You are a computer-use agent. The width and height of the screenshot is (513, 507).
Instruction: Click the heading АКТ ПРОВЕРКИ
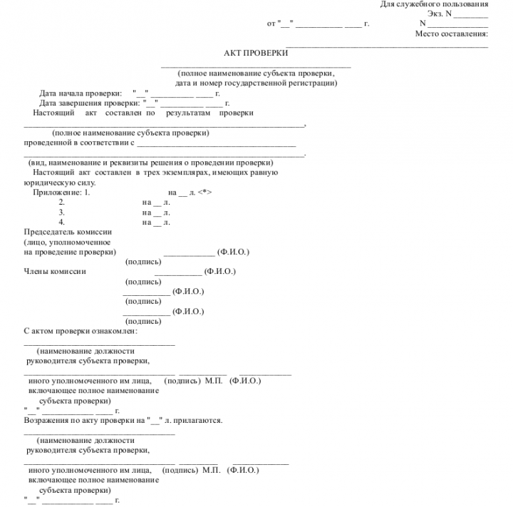(x=256, y=53)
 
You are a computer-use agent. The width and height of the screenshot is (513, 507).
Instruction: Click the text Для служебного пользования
(x=434, y=4)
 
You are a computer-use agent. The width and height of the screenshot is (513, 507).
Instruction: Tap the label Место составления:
(x=451, y=34)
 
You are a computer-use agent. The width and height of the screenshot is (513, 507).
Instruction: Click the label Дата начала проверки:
(x=81, y=93)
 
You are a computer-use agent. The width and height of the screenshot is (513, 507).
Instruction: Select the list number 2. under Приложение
(x=62, y=203)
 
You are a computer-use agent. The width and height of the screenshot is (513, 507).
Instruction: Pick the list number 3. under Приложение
(x=62, y=212)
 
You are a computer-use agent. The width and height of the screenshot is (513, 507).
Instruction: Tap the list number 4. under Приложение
(x=62, y=222)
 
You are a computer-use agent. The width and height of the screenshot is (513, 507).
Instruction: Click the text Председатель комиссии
(x=68, y=232)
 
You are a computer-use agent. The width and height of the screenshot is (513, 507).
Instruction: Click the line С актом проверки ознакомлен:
(x=81, y=331)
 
